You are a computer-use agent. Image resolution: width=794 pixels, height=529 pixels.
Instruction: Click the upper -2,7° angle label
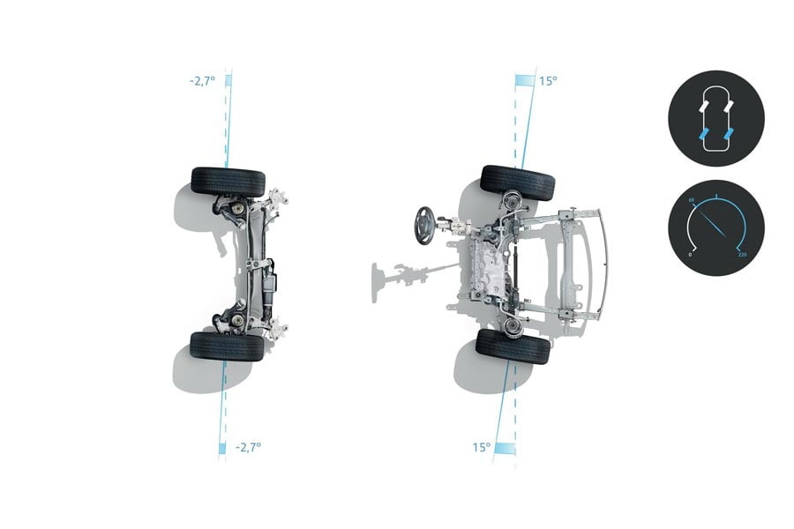[x=203, y=81]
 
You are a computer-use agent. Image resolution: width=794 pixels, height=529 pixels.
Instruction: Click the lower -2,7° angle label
[x=249, y=447]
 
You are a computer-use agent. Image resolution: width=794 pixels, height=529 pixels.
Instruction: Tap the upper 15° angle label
[x=548, y=81]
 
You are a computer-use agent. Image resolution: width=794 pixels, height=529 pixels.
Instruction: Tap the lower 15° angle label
[x=482, y=448]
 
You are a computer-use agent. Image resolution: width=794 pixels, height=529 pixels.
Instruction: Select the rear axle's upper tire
[x=228, y=183]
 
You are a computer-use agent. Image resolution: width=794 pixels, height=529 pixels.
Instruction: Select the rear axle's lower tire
[x=228, y=346]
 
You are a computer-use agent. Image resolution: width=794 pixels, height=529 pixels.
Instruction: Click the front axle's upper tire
[x=518, y=183]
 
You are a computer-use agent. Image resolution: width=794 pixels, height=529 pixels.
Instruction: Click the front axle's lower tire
[x=513, y=346]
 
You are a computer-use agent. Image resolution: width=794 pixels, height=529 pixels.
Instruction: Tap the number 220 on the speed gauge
[x=742, y=254]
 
